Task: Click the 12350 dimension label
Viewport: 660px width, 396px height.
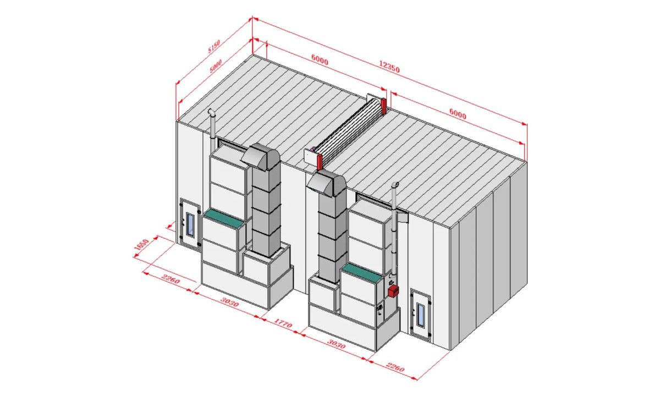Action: coord(389,67)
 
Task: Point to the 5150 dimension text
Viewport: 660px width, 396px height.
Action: coord(214,47)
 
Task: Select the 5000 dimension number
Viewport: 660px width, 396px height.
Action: coord(216,67)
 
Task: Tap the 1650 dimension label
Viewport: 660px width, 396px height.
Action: coord(141,245)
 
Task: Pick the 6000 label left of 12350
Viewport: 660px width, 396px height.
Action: coord(320,60)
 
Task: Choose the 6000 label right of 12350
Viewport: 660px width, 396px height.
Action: coord(458,114)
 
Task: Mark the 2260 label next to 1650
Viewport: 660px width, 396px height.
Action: coord(171,279)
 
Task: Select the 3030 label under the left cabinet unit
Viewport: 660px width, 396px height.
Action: coord(229,302)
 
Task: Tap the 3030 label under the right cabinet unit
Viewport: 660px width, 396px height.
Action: coord(336,344)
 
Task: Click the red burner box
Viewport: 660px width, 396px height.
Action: coord(393,291)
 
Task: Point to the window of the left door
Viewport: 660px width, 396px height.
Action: coord(190,224)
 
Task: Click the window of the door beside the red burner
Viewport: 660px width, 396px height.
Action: coord(420,316)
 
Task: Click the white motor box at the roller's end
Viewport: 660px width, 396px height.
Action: coord(311,158)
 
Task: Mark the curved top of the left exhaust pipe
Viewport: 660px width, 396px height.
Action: coord(211,112)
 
